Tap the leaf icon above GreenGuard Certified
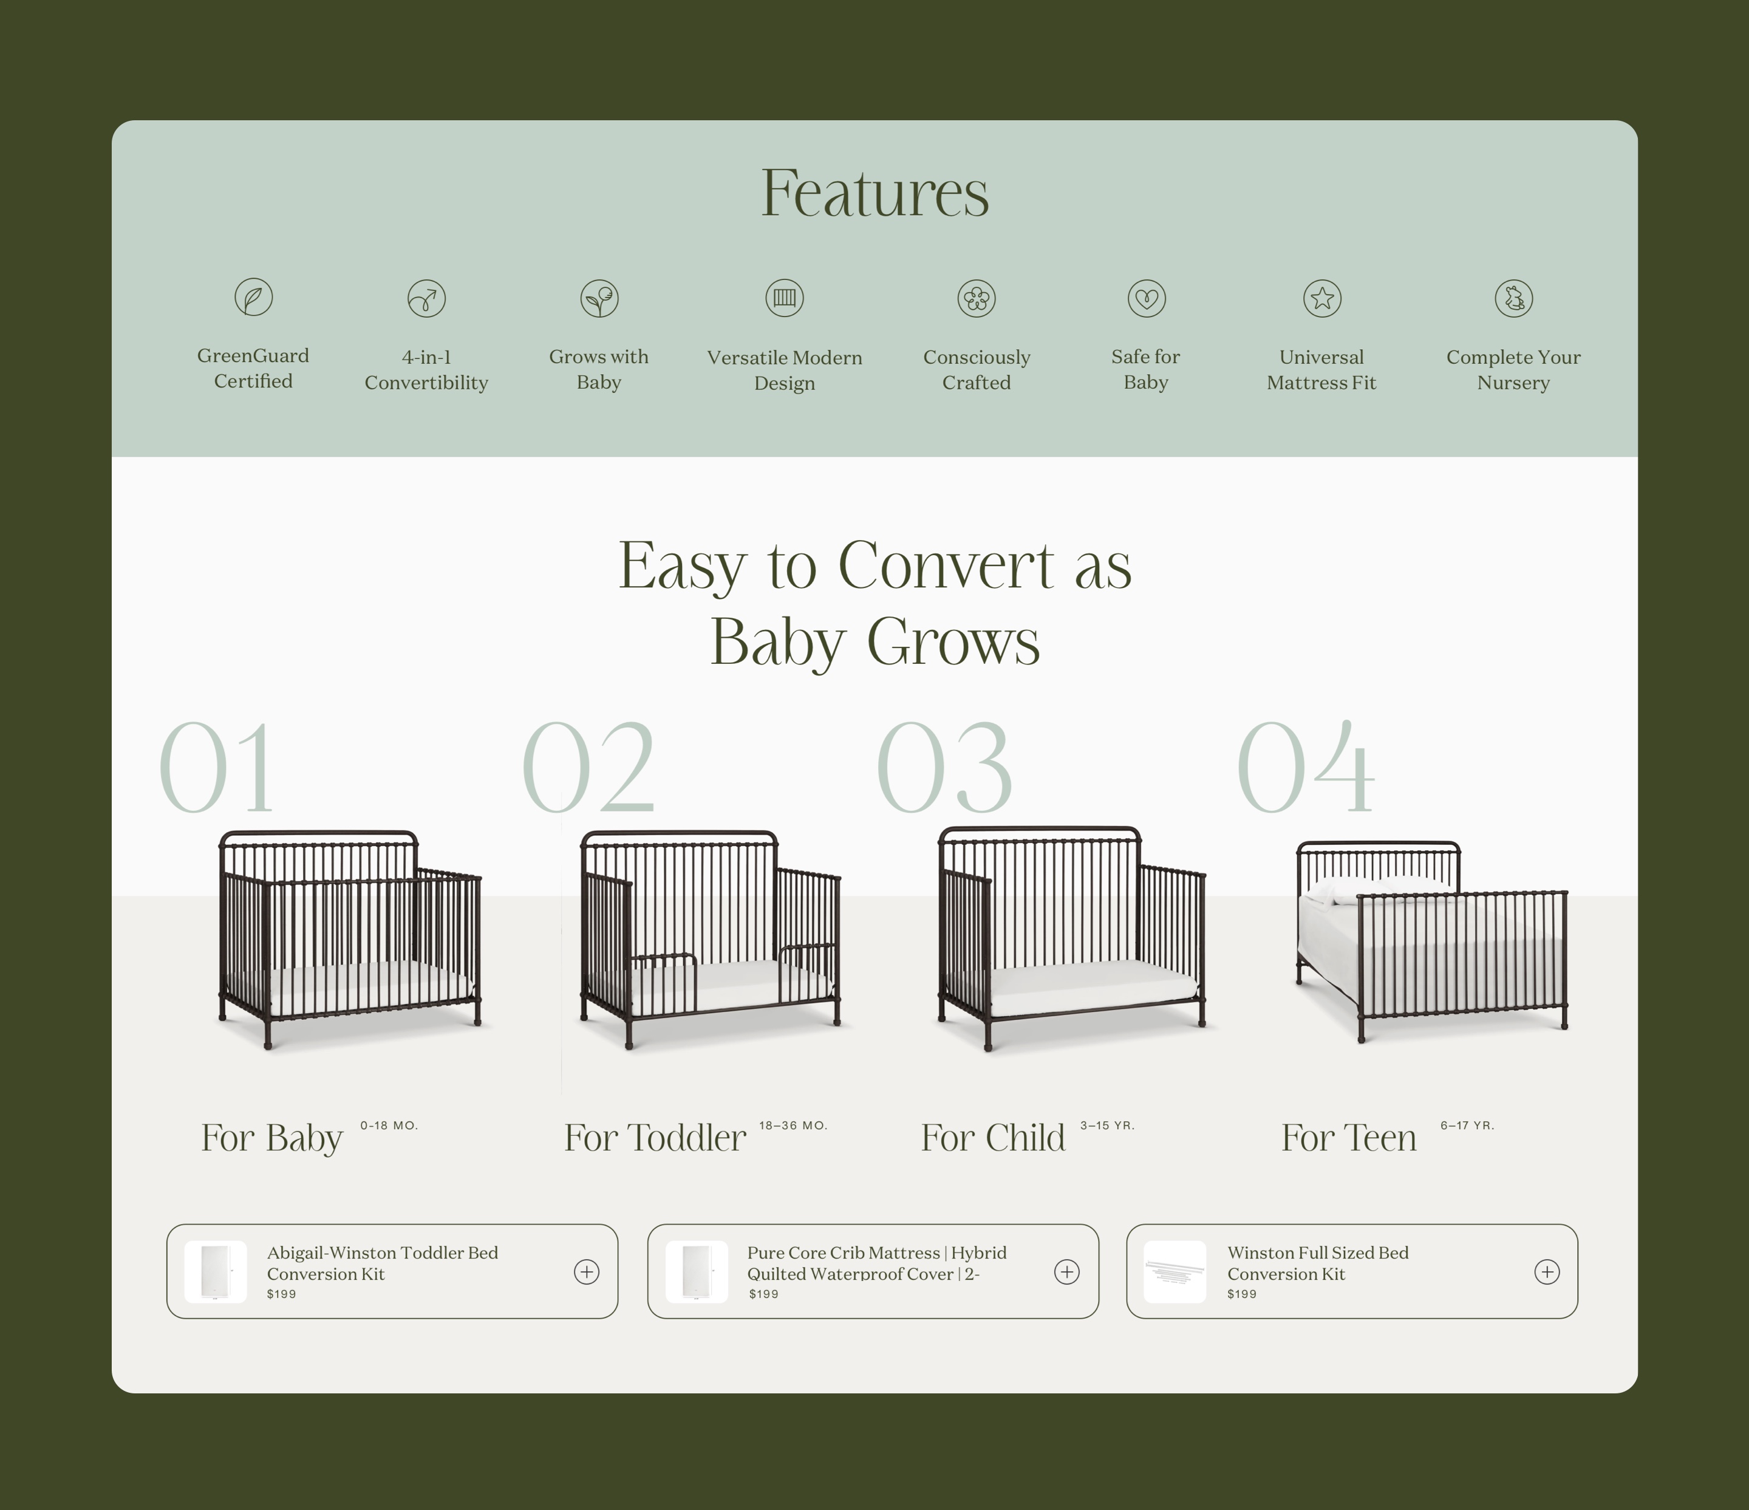pyautogui.click(x=253, y=297)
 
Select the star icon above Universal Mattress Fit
pyautogui.click(x=1322, y=298)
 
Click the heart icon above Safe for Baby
pyautogui.click(x=1147, y=298)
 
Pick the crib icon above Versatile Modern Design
pyautogui.click(x=784, y=298)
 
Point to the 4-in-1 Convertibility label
pyautogui.click(x=426, y=370)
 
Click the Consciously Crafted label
pyautogui.click(x=977, y=370)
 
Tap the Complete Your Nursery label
pyautogui.click(x=1513, y=370)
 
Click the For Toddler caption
pyautogui.click(x=655, y=1138)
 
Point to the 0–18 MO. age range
pyautogui.click(x=389, y=1125)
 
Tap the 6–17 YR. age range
pyautogui.click(x=1467, y=1125)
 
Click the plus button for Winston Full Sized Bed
pyautogui.click(x=1546, y=1272)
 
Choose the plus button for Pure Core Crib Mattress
pyautogui.click(x=1067, y=1272)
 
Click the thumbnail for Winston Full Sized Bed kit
pyautogui.click(x=1174, y=1272)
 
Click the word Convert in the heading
pyautogui.click(x=946, y=565)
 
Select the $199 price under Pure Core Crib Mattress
pyautogui.click(x=763, y=1294)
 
